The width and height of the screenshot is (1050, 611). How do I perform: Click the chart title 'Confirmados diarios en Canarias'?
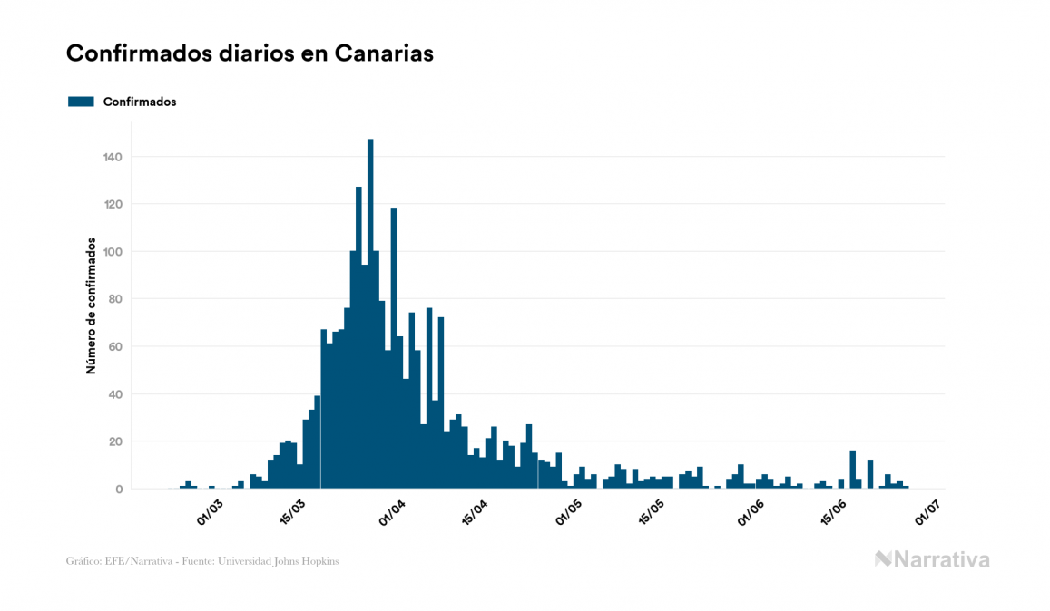coord(250,53)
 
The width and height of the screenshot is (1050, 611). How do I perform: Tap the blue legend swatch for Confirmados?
coord(81,102)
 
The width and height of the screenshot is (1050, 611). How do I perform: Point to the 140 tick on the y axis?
coord(113,157)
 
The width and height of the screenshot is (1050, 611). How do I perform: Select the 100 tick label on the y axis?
coord(113,252)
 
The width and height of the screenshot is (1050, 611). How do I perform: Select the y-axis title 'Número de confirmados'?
coord(91,305)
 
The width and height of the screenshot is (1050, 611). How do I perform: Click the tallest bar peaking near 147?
coord(370,313)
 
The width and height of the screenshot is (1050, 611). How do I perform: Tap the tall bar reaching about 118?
coord(394,344)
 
